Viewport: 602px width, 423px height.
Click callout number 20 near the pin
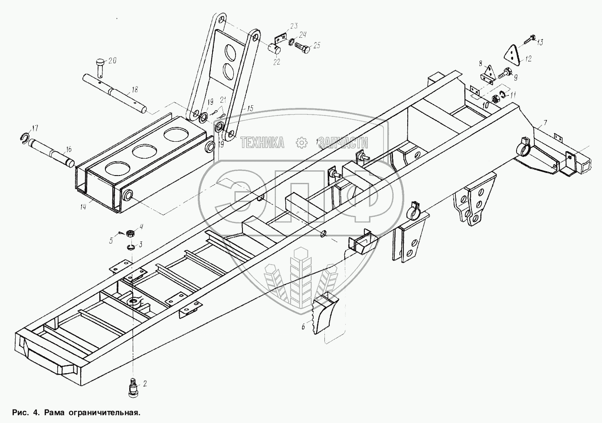(x=112, y=61)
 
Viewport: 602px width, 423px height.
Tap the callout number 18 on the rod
(x=135, y=90)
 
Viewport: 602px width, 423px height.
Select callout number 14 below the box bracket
(x=83, y=207)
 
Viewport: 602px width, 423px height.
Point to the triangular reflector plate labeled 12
(x=512, y=55)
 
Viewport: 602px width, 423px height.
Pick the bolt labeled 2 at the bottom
(x=133, y=387)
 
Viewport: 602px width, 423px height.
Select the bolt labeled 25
(x=303, y=47)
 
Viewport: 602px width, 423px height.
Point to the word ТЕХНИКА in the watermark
(x=262, y=142)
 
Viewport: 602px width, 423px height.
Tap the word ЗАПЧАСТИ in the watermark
(x=343, y=143)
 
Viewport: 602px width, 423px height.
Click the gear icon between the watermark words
(x=301, y=142)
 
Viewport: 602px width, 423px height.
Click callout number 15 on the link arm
(x=250, y=108)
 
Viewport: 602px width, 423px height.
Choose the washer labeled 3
(x=131, y=247)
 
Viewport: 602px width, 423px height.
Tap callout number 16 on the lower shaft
(x=68, y=150)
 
